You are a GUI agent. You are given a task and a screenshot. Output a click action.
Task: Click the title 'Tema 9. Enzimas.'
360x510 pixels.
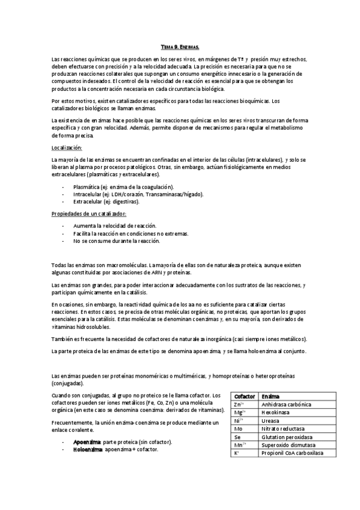[180, 46]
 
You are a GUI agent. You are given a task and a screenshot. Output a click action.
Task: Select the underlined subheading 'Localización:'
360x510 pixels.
[67, 147]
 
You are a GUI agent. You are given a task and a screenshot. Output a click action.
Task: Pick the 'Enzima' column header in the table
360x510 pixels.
[270, 397]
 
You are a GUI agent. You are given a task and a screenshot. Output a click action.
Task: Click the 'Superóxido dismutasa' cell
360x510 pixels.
[286, 445]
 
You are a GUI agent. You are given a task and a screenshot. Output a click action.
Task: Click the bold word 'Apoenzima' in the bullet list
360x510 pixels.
[87, 442]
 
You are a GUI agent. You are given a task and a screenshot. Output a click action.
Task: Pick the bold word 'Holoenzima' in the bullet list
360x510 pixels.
[88, 449]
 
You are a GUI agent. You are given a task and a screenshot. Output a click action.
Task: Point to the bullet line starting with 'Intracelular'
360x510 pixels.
[138, 194]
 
